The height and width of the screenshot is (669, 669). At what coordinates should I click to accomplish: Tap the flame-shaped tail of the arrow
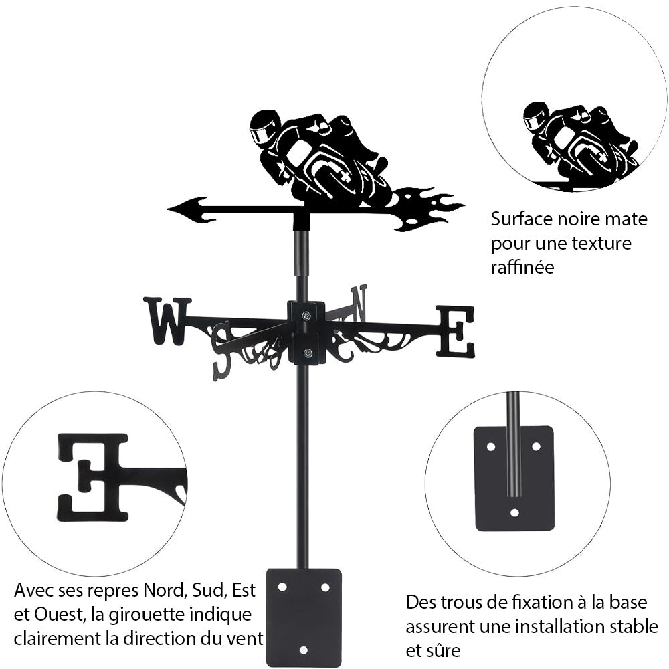click(x=428, y=208)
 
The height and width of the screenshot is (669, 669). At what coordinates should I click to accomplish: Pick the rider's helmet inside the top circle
click(x=536, y=116)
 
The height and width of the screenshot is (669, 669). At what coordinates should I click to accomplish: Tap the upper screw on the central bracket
click(x=306, y=316)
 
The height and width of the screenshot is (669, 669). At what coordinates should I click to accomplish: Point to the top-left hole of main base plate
click(x=282, y=587)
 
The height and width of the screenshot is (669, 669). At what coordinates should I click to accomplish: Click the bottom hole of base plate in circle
click(x=514, y=513)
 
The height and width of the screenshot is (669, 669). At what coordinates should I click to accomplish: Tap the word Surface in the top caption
click(x=519, y=219)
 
